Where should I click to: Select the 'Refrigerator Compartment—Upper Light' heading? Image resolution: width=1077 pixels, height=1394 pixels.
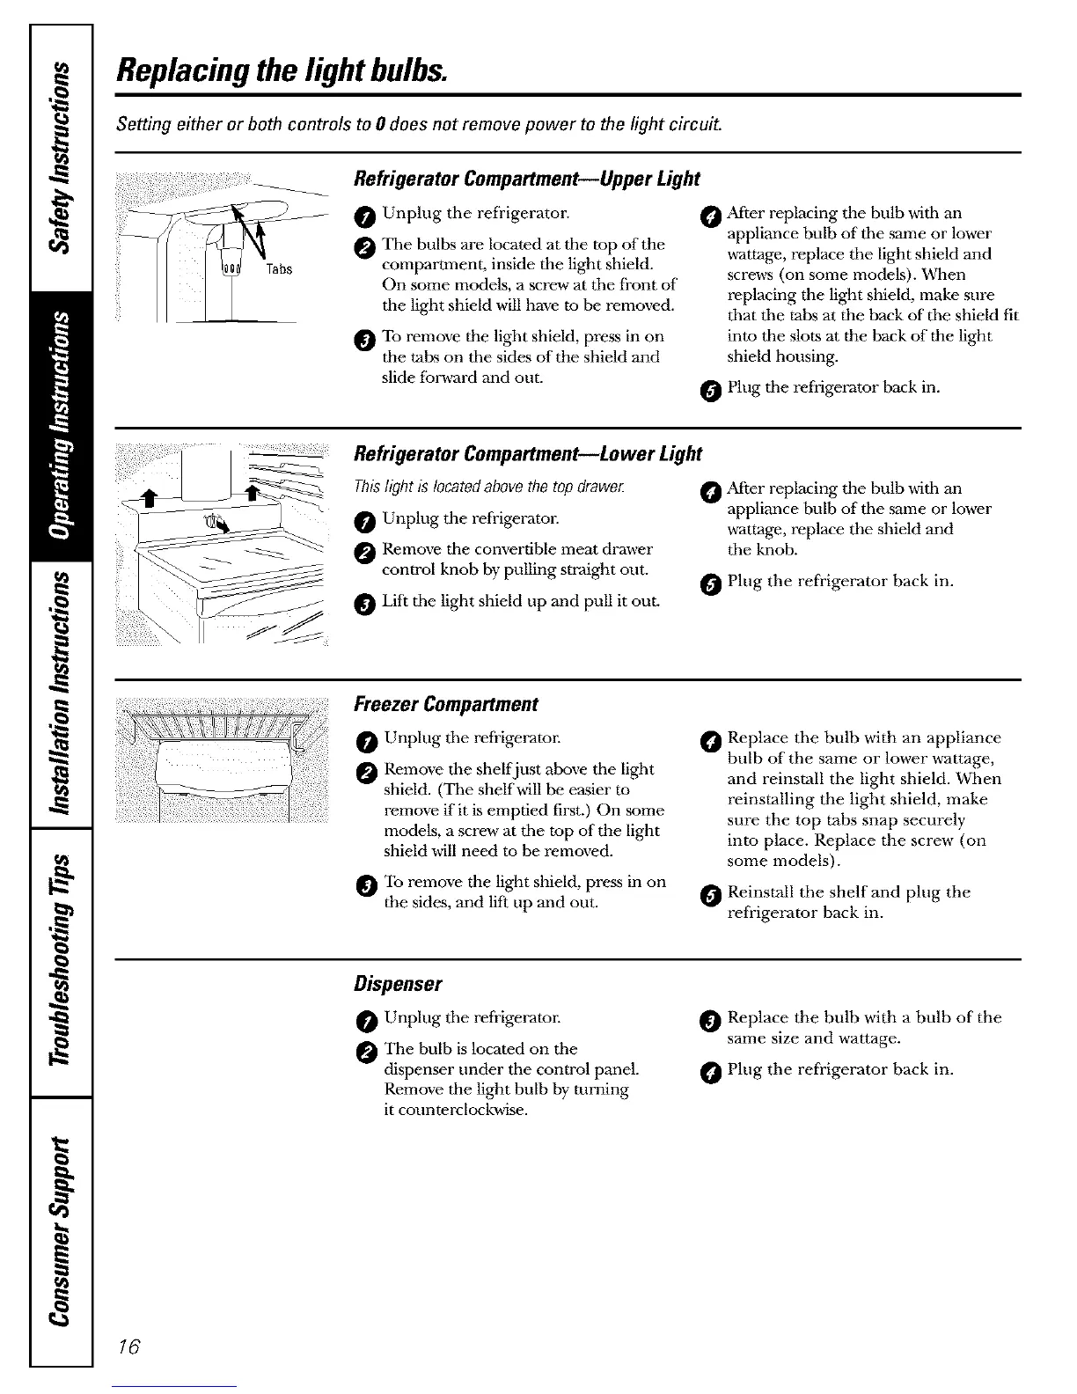525,179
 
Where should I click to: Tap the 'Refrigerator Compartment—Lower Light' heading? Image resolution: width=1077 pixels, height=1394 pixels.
527,454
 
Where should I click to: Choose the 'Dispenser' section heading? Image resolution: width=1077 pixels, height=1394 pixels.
397,981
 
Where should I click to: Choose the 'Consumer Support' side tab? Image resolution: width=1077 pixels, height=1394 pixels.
61,1228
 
